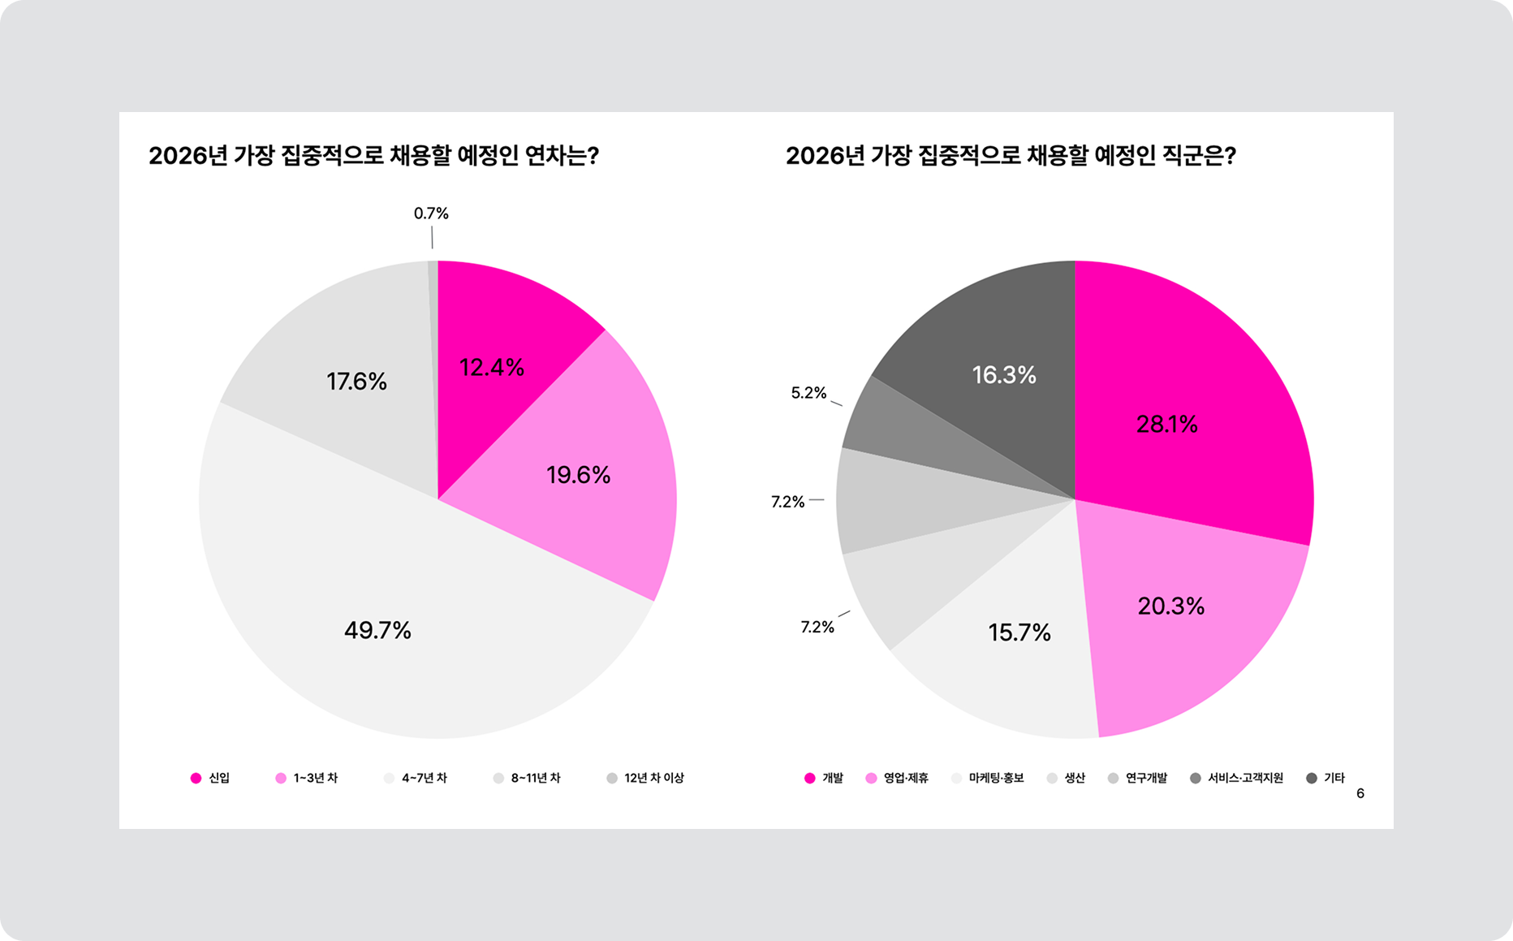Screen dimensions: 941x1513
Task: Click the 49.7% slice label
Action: point(377,630)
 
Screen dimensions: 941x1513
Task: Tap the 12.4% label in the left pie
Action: point(492,368)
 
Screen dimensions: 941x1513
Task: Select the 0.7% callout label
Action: point(431,214)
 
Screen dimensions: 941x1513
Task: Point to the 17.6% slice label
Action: point(356,382)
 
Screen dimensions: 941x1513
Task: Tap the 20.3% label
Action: point(1170,606)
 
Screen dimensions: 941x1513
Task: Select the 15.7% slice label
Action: point(1019,632)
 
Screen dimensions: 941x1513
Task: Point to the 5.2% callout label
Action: point(808,393)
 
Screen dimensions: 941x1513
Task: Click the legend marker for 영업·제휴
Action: point(871,778)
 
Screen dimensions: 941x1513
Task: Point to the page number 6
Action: point(1360,793)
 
